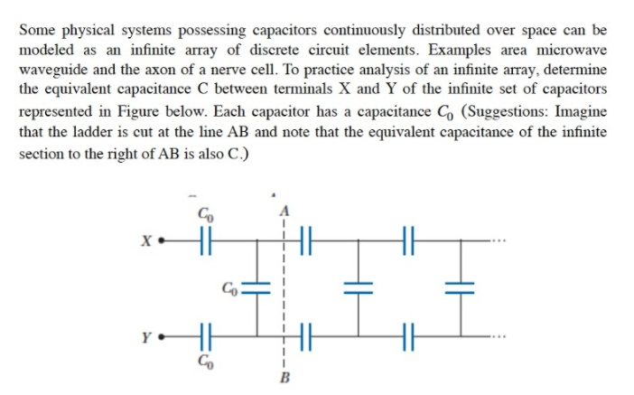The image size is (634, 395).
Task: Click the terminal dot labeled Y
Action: pos(159,341)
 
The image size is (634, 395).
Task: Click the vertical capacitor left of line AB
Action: pos(254,291)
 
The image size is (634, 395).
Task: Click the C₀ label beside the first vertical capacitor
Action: pos(232,290)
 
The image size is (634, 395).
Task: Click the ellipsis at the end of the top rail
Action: pos(499,242)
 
